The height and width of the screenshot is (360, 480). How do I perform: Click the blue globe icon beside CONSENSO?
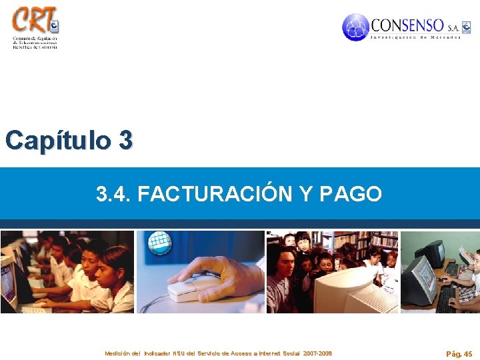coord(355,27)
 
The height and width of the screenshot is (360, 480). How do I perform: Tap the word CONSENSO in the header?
coord(407,25)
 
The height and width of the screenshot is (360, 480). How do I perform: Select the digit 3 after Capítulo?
coord(125,140)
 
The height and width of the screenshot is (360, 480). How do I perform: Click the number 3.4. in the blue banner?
coord(113,194)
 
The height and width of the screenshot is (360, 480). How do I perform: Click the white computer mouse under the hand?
coord(193,288)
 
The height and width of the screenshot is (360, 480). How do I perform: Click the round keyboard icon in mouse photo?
coord(160,243)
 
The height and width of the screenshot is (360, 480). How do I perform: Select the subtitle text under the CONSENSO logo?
coord(416,37)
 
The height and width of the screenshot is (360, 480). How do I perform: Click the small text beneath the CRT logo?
coord(35,43)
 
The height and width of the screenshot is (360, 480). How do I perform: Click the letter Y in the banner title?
coord(305,194)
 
